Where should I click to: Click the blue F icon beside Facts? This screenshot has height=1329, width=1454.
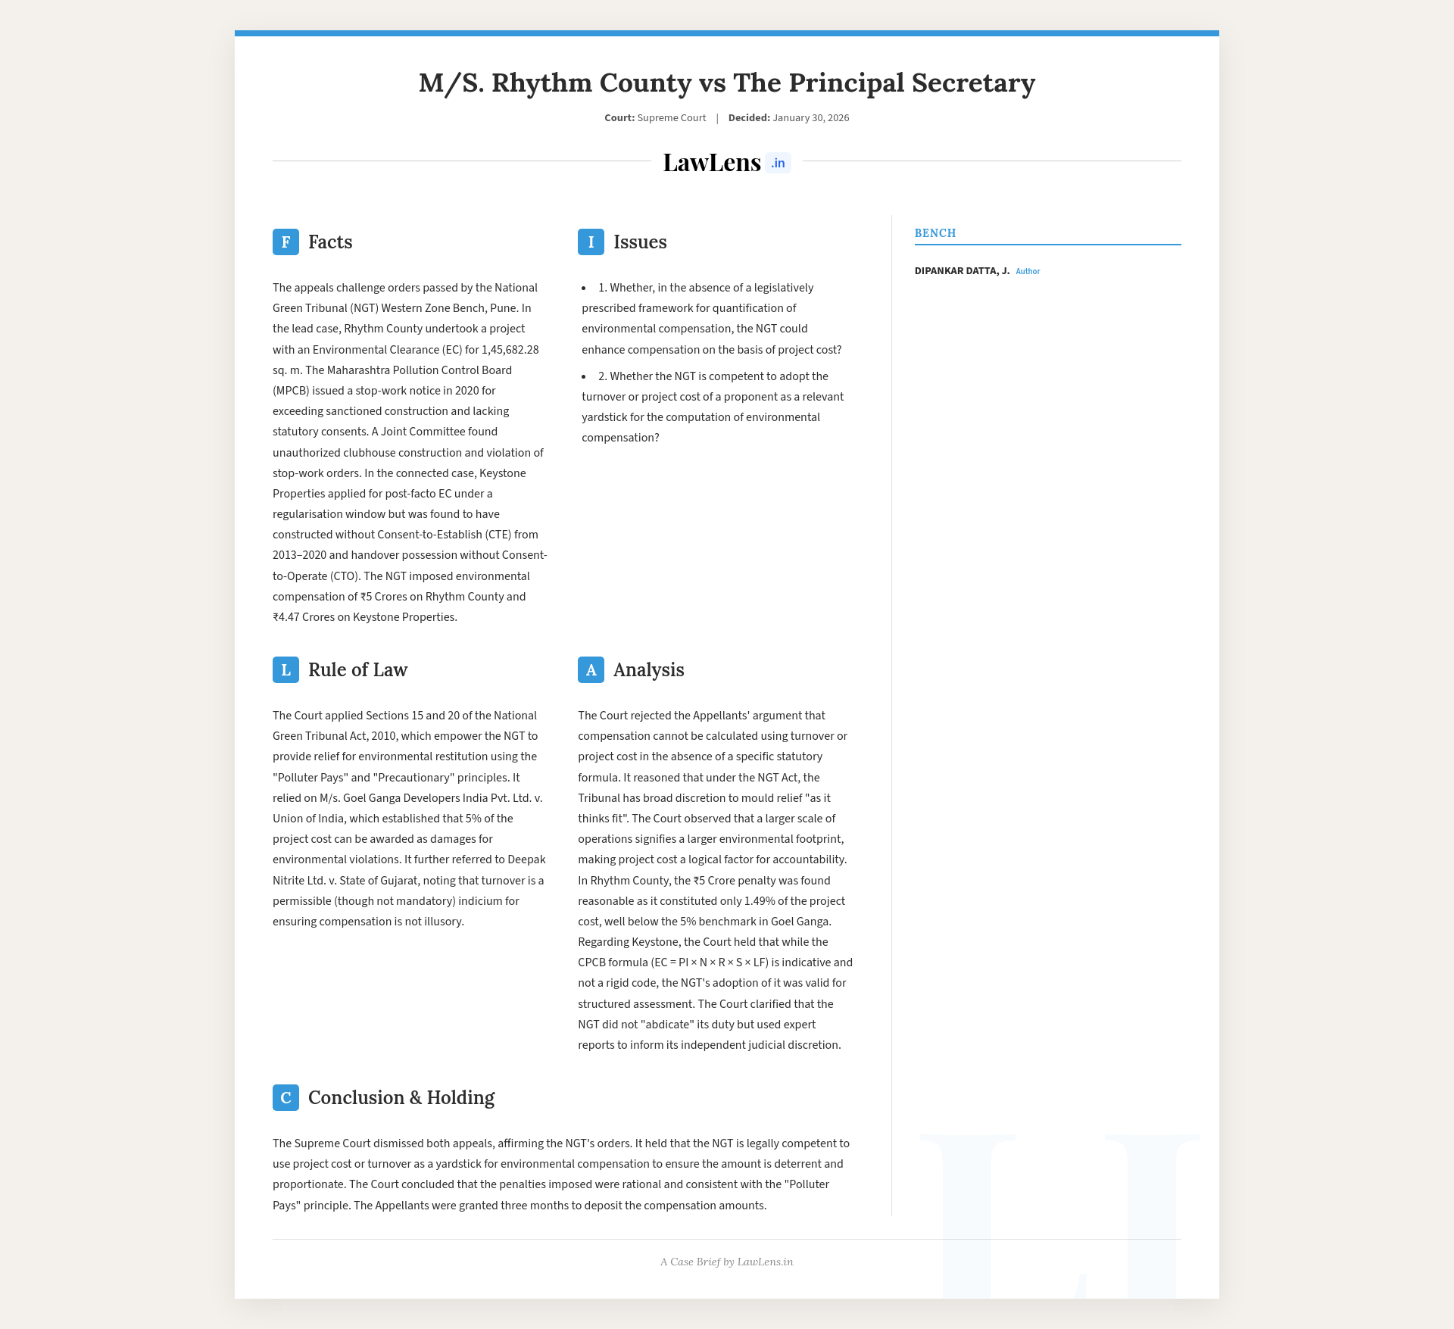285,242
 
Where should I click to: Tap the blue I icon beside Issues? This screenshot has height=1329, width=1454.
591,242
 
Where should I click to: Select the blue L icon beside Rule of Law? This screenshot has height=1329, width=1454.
285,669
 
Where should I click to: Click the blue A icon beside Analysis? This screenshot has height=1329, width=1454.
591,669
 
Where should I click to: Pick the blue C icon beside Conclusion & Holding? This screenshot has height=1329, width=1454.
285,1097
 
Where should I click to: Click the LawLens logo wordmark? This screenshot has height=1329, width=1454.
711,162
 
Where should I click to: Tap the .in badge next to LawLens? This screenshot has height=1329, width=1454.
778,163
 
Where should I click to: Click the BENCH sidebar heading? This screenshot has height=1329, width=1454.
935,233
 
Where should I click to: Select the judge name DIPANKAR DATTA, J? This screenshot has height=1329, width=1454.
962,271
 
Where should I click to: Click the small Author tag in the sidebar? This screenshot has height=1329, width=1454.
1028,271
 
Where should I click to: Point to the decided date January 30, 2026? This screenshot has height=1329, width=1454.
810,118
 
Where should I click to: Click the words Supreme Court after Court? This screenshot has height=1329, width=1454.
671,118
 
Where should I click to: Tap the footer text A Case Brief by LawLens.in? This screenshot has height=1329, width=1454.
726,1262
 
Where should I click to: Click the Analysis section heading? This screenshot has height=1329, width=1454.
648,669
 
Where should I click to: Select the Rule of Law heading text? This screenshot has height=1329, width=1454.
357,669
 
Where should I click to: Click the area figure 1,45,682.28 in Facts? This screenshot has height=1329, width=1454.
510,350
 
